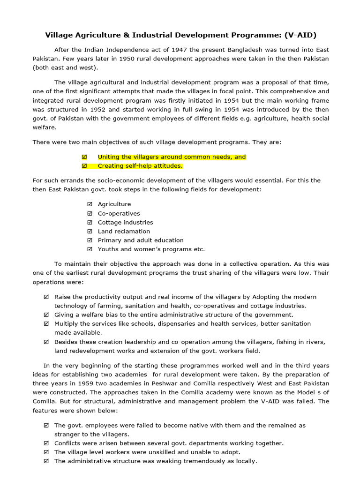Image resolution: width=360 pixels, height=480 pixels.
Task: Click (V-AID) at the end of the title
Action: point(299,35)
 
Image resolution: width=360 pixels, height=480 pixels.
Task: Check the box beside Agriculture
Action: point(90,204)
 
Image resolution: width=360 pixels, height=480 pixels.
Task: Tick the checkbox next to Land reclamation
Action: point(90,232)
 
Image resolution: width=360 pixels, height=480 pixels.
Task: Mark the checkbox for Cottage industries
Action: point(90,223)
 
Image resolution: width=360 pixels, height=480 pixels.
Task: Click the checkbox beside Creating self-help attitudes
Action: point(84,166)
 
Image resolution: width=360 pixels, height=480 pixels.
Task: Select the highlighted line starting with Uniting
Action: point(172,157)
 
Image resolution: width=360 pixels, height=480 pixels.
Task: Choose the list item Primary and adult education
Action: point(141,240)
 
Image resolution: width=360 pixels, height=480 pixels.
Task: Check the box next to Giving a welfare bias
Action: point(46,315)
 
